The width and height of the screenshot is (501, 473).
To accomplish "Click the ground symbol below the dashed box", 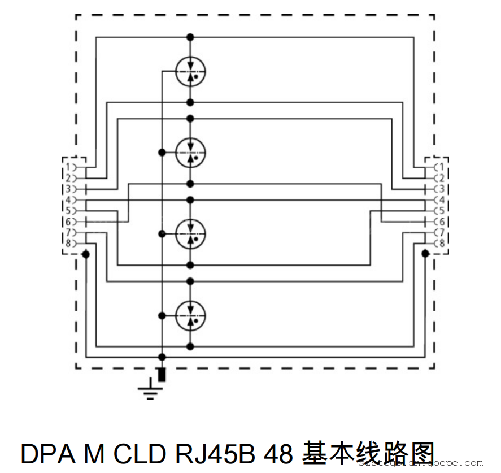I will pyautogui.click(x=150, y=390).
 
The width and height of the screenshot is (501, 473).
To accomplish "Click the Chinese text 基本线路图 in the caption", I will pyautogui.click(x=369, y=453).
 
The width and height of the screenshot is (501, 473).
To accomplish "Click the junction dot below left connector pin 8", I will pyautogui.click(x=86, y=255).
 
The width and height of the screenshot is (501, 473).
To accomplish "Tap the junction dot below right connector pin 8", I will pyautogui.click(x=425, y=255).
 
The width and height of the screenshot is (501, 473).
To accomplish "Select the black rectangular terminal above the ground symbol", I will pyautogui.click(x=162, y=375).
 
